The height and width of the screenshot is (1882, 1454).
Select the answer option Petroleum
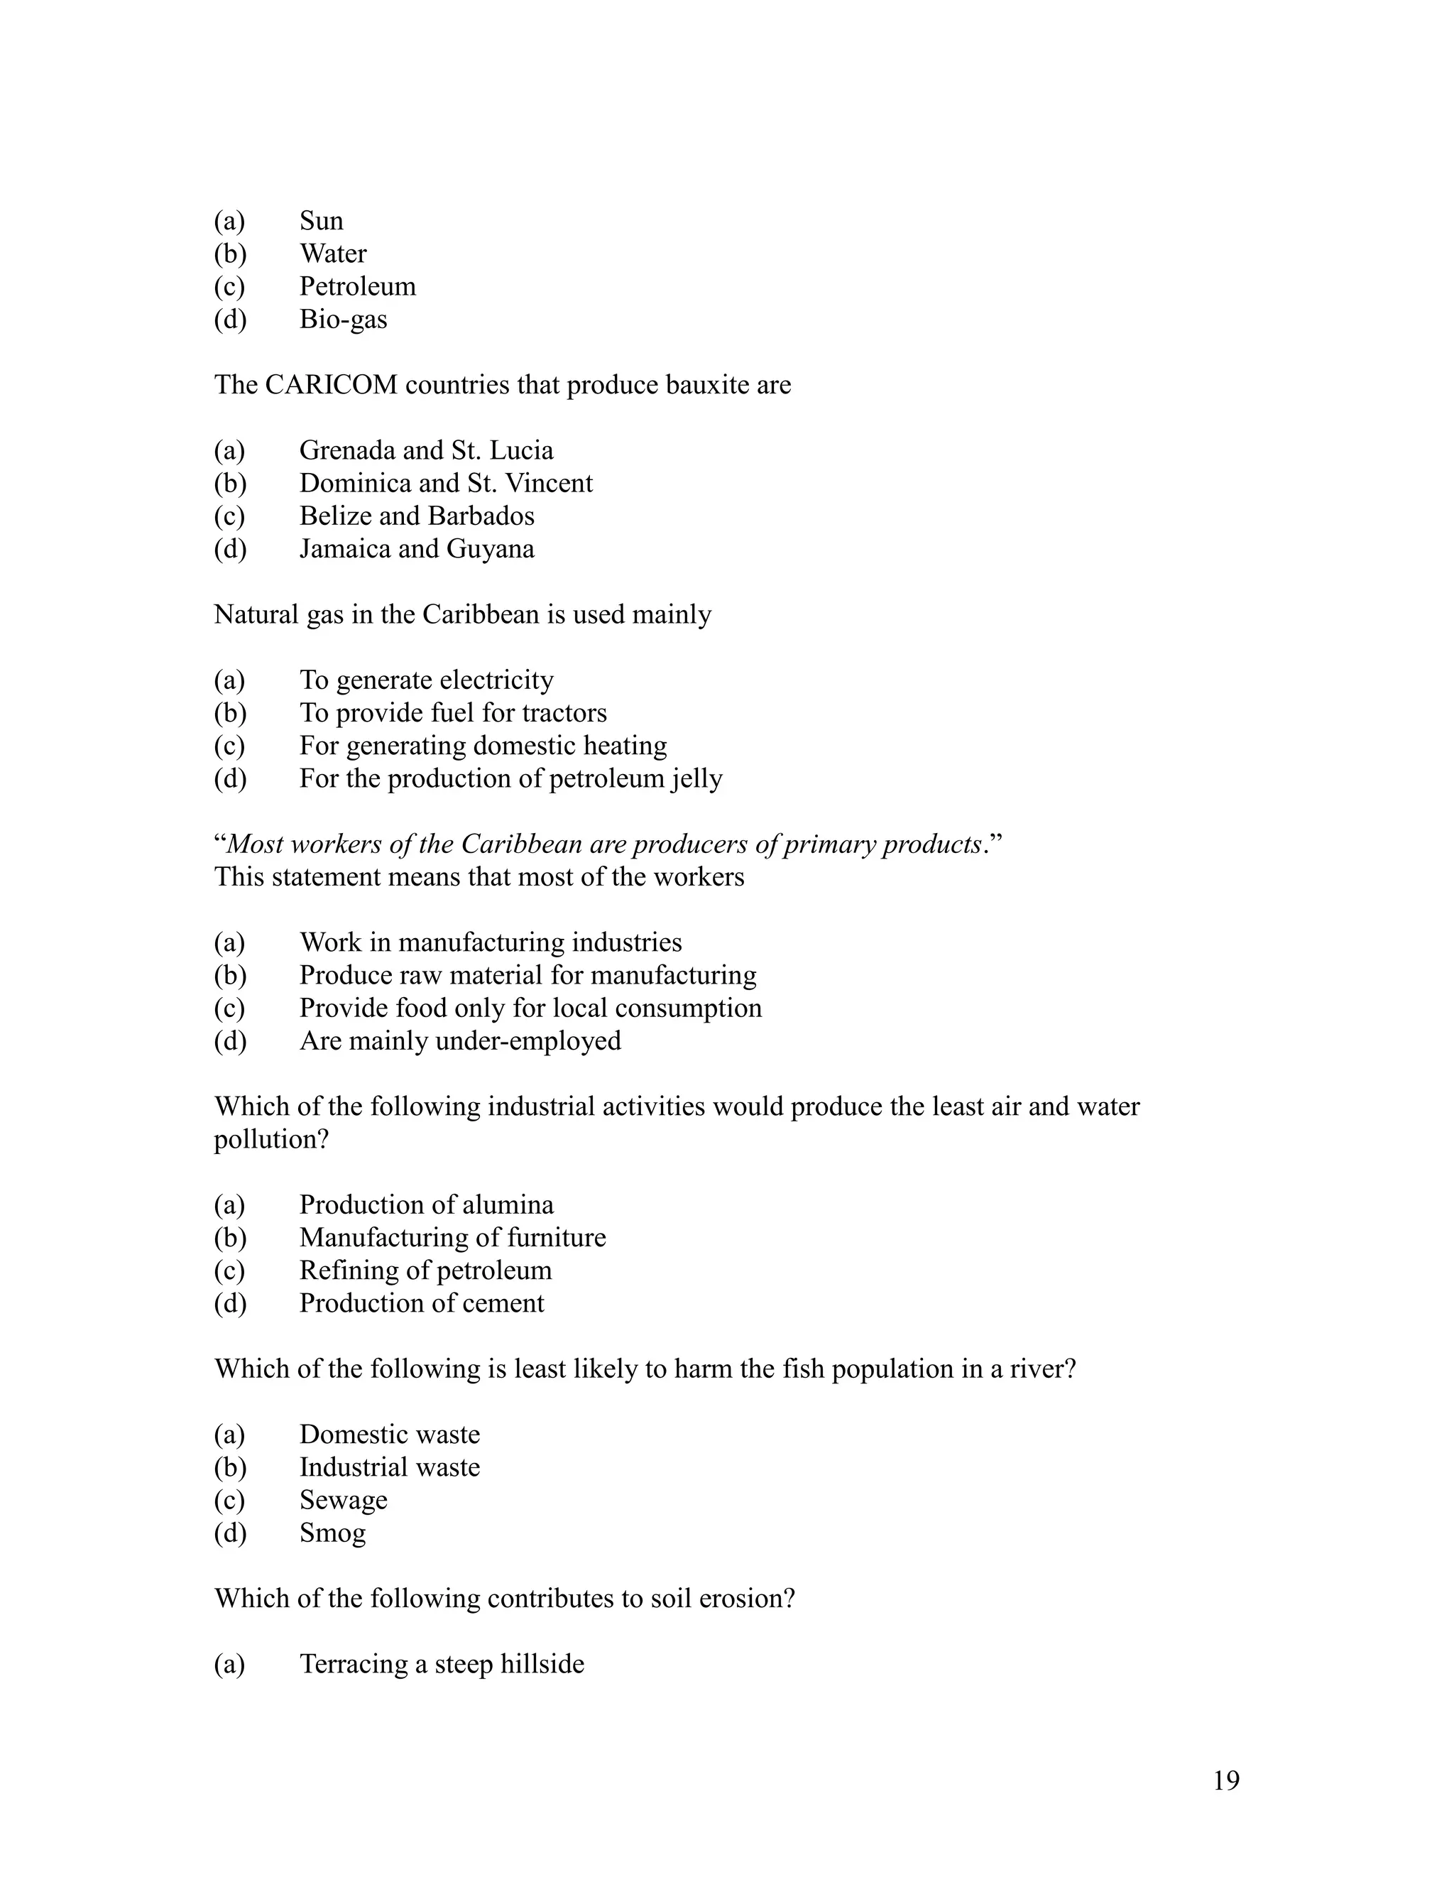(358, 286)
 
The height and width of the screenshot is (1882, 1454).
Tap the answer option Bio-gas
(343, 319)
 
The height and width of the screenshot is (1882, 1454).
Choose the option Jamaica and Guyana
(417, 549)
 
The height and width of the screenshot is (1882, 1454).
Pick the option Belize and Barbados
(417, 516)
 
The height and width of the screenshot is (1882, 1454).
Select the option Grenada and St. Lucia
(427, 450)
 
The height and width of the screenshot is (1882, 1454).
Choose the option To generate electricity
(427, 680)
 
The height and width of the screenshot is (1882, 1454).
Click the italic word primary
(829, 844)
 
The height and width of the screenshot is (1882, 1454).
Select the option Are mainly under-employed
(460, 1041)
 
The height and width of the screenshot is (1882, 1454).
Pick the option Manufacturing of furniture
(452, 1237)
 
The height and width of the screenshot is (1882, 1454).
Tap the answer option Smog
(332, 1533)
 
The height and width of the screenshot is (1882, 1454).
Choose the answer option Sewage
(343, 1500)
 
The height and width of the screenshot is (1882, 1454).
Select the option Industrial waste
(389, 1467)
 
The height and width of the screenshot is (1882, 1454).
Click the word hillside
(542, 1664)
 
